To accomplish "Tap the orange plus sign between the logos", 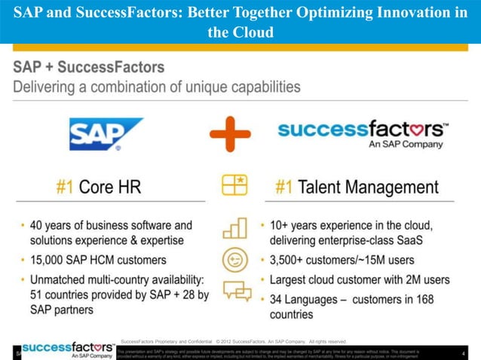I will (x=231, y=134).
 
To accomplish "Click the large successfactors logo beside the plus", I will (x=363, y=131).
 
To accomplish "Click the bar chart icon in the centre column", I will (x=234, y=228).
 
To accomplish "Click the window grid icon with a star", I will (x=234, y=185).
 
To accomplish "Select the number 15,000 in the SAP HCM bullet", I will (x=51, y=260).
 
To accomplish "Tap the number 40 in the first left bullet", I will (x=38, y=225).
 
